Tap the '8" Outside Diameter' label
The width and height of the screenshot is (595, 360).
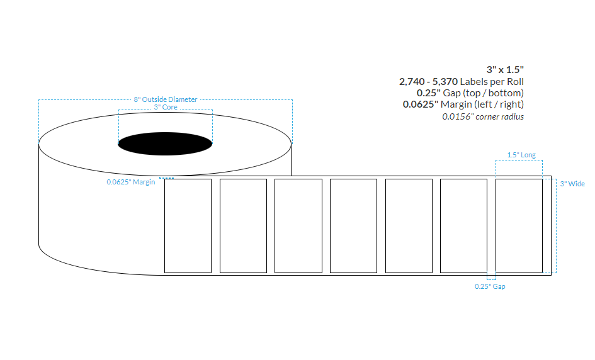coord(165,99)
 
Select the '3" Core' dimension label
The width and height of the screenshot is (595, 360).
coord(166,107)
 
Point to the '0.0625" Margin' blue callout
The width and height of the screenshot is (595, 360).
coord(131,183)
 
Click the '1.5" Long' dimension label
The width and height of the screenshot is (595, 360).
coord(521,155)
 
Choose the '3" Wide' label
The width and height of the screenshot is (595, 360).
coord(572,184)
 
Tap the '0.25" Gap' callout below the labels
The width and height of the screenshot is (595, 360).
coord(490,286)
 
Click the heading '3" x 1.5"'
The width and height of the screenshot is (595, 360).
coord(505,69)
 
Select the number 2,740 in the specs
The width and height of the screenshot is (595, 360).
coord(413,81)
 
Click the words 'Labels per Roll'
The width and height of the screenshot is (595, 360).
coord(492,81)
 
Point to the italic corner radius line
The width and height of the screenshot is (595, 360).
coord(482,116)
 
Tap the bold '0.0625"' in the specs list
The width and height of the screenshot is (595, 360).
coord(419,104)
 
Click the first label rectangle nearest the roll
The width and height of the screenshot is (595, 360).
coord(188,226)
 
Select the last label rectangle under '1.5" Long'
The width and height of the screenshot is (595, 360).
coord(519,226)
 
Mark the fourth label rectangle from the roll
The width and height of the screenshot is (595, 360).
coord(353,226)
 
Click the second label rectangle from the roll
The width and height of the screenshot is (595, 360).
coord(243,226)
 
